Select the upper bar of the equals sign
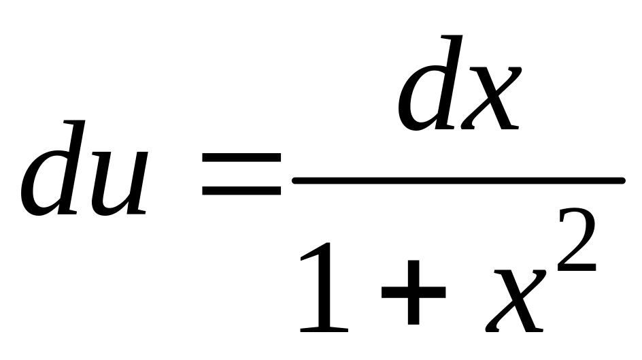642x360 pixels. point(241,158)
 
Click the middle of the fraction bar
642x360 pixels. point(458,180)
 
